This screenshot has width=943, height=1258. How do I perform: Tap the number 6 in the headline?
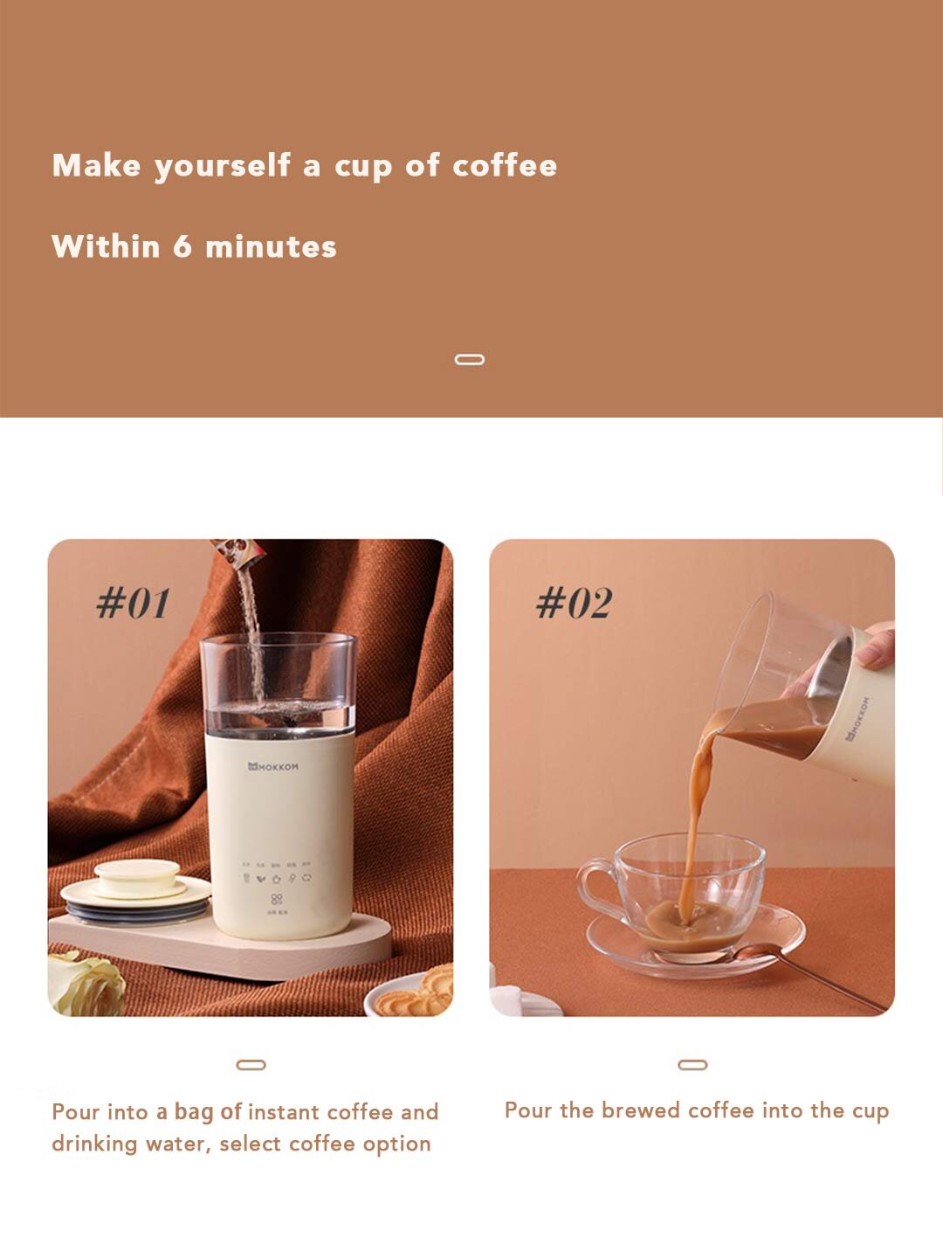tap(182, 246)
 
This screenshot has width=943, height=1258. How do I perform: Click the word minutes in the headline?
tap(271, 247)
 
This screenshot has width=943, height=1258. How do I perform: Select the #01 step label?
tap(133, 603)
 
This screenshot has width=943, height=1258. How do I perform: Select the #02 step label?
tap(574, 603)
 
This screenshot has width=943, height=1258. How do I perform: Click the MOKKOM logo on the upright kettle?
tap(273, 766)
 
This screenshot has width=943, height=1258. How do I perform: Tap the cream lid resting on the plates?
tap(136, 875)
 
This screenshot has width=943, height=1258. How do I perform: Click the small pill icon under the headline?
tap(470, 359)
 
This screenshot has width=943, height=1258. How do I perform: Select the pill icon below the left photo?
tap(251, 1065)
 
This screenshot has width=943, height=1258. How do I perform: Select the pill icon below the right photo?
tap(692, 1065)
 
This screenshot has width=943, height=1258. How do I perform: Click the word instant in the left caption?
tap(284, 1112)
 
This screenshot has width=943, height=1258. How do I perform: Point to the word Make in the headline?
tap(96, 165)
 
